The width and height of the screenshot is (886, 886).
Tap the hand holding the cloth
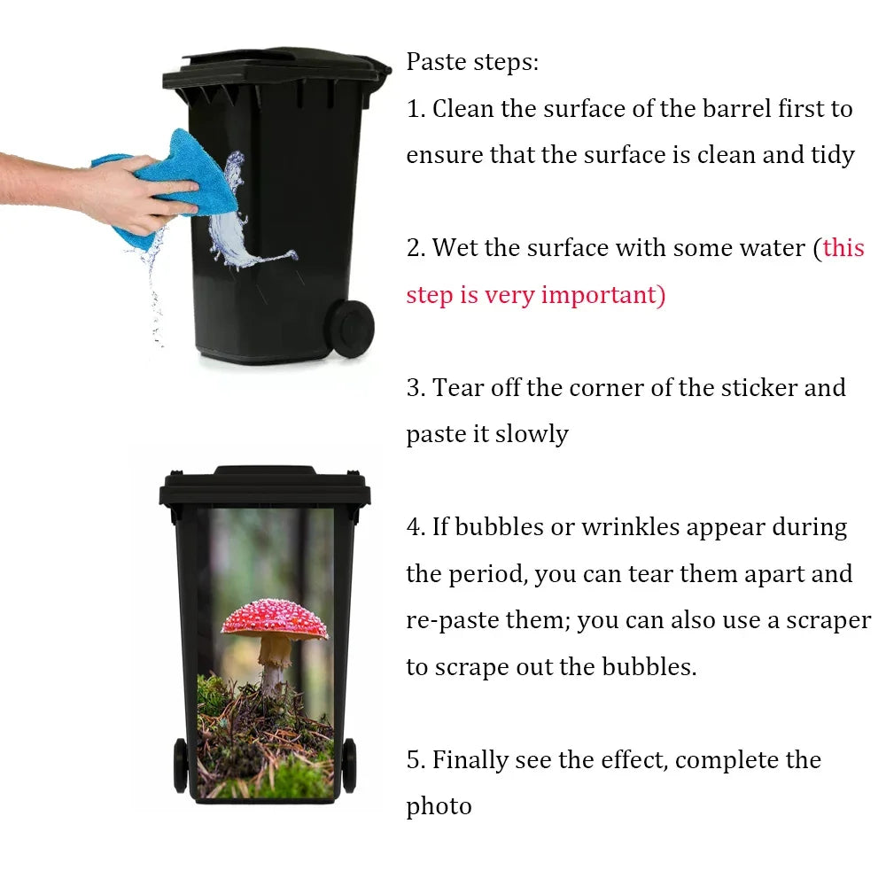(124, 190)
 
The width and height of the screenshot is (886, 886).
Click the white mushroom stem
(273, 669)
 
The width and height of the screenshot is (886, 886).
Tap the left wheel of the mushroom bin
(181, 764)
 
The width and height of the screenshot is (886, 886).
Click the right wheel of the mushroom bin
(348, 764)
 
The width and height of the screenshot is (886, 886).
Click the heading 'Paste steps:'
(472, 62)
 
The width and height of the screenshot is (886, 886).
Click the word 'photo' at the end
(439, 806)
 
